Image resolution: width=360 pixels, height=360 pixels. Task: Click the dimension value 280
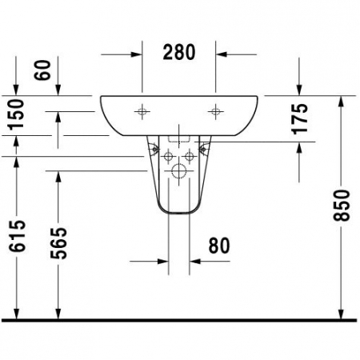[180, 53]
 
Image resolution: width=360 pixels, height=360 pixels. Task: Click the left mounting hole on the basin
[143, 110]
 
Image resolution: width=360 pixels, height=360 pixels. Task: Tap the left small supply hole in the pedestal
[168, 155]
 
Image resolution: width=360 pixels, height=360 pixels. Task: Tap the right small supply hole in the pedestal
[190, 155]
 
